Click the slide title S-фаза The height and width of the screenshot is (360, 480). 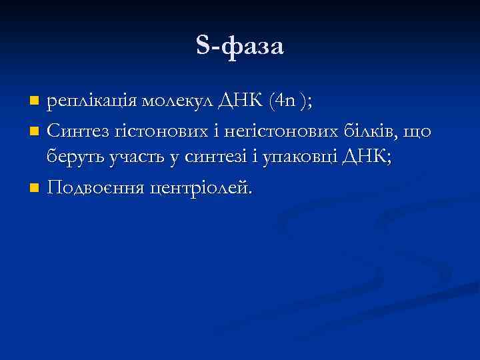pyautogui.click(x=240, y=46)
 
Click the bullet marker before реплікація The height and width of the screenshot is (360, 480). pyautogui.click(x=35, y=102)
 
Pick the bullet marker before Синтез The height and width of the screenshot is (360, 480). pyautogui.click(x=35, y=131)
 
